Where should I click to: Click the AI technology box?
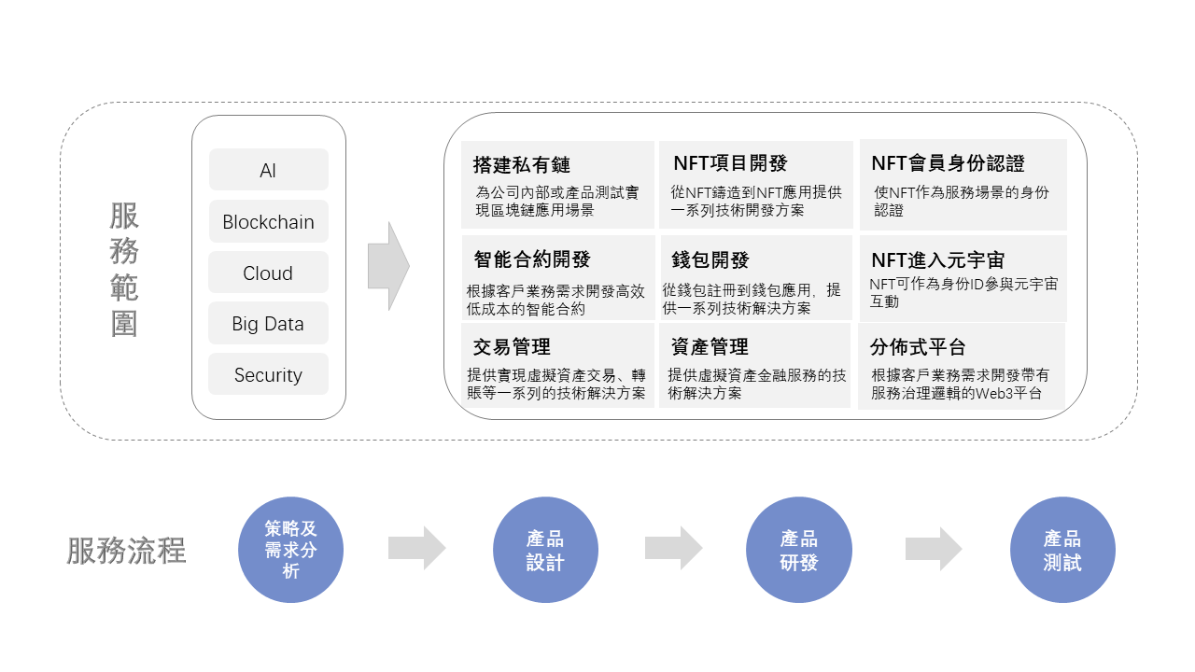(x=268, y=170)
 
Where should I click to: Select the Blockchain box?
(x=268, y=221)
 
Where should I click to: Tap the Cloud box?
(x=268, y=272)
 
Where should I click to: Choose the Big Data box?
(x=268, y=323)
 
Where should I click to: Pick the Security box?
(x=268, y=374)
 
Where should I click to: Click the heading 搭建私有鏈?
(x=522, y=165)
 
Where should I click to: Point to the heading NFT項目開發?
(x=730, y=163)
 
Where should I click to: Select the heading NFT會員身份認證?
(x=948, y=163)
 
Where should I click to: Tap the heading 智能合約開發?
(x=532, y=259)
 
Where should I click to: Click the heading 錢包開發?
(x=710, y=260)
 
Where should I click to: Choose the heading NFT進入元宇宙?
(x=938, y=260)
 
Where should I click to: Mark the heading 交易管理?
(x=512, y=347)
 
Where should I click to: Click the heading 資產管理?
(x=710, y=347)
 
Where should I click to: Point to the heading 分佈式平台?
(x=918, y=347)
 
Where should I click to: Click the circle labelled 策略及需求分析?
(x=290, y=550)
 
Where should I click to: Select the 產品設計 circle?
(x=545, y=550)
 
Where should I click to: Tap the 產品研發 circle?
(x=798, y=550)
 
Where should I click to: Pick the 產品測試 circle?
(x=1062, y=550)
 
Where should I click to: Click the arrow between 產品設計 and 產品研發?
(x=673, y=548)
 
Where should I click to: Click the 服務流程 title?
(x=126, y=551)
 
